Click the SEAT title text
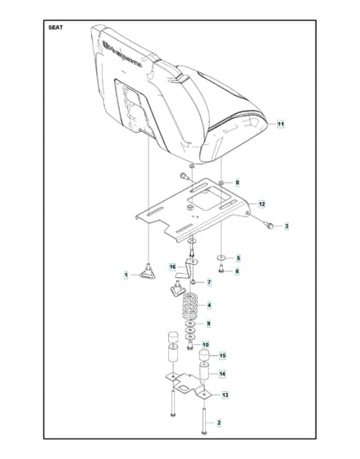point(56,28)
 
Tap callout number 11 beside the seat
point(280,125)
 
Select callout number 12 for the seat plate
point(262,204)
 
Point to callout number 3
point(287,226)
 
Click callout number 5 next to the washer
point(238,258)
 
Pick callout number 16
point(173,266)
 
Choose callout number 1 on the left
point(126,275)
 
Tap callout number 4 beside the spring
point(209,305)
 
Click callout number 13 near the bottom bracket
point(225,395)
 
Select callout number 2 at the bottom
point(219,423)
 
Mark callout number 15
point(222,356)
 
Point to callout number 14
point(222,374)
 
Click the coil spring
point(190,307)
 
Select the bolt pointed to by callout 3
point(270,225)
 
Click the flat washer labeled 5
point(221,257)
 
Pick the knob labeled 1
point(148,271)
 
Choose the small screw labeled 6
point(221,269)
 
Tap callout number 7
point(209,283)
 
